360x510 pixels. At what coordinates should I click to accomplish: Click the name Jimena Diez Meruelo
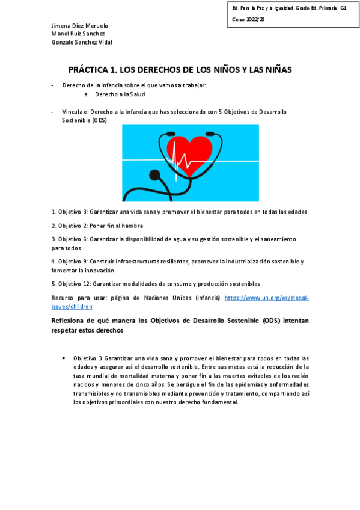click(79, 26)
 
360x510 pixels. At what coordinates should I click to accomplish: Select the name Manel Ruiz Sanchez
click(78, 34)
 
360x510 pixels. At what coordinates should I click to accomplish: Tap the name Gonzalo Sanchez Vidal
click(82, 42)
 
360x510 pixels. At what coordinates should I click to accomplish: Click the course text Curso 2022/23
click(248, 20)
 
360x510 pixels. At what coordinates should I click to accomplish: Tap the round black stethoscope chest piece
click(155, 176)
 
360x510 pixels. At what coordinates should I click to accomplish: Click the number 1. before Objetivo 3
click(53, 212)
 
